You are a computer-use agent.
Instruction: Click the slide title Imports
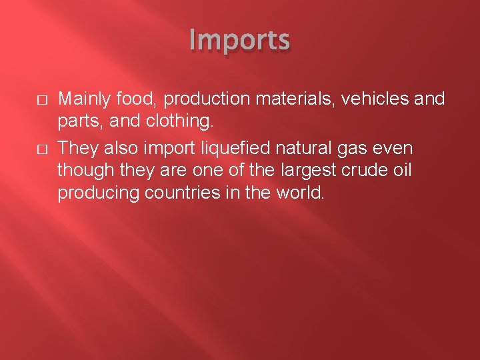coord(239,41)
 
